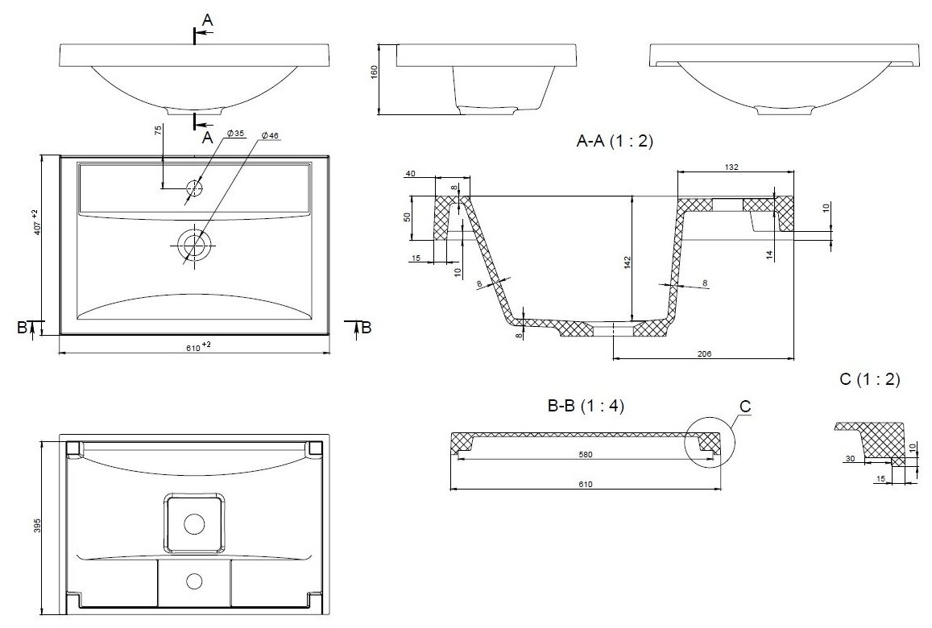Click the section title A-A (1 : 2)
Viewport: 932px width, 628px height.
point(615,142)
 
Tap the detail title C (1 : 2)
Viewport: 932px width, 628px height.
point(869,378)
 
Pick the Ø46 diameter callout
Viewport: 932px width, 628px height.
point(269,136)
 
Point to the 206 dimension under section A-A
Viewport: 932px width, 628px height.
point(703,354)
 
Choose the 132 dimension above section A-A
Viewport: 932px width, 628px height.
point(731,167)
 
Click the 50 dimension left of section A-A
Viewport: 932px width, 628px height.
point(408,217)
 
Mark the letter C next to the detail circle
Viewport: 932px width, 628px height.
point(745,407)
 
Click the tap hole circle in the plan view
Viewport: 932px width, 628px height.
point(194,188)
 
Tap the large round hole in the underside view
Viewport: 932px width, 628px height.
point(194,523)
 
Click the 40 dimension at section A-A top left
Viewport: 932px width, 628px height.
point(410,173)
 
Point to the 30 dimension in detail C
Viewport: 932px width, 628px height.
point(849,459)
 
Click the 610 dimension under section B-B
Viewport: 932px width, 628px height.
point(585,484)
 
